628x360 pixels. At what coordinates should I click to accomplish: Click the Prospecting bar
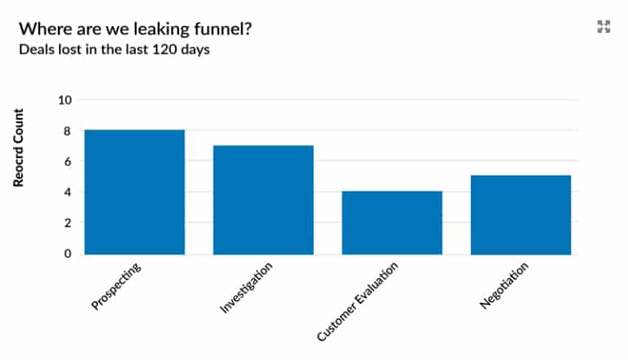coord(134,191)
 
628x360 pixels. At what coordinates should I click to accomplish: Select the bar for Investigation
coord(263,200)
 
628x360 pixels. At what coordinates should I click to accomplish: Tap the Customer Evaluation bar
coord(392,223)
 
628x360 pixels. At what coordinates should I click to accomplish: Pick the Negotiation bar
coord(521,214)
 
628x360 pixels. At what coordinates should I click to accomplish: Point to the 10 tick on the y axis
coord(65,100)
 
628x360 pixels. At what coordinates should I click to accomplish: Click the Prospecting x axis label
coord(118,286)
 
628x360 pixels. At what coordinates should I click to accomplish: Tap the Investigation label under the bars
coord(246,288)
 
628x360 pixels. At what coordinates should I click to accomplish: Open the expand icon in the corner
coord(603,27)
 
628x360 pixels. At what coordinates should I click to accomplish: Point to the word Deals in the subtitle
coord(34,49)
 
